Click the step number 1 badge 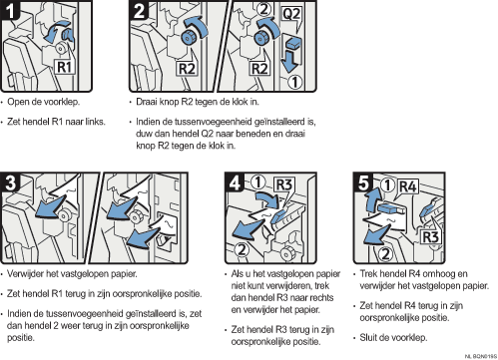pyautogui.click(x=10, y=10)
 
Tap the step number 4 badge pyautogui.click(x=235, y=182)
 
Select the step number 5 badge pyautogui.click(x=363, y=182)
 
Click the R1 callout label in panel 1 pyautogui.click(x=65, y=67)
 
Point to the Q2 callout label pyautogui.click(x=291, y=14)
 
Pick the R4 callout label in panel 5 pyautogui.click(x=408, y=186)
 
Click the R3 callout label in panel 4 pyautogui.click(x=283, y=184)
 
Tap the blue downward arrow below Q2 pyautogui.click(x=289, y=61)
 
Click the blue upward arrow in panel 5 pyautogui.click(x=371, y=198)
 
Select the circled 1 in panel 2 pyautogui.click(x=294, y=82)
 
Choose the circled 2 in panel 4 pyautogui.click(x=243, y=249)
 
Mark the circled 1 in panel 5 pyautogui.click(x=388, y=185)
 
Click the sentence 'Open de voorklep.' pyautogui.click(x=43, y=102)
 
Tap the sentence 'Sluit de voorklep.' pyautogui.click(x=393, y=337)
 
